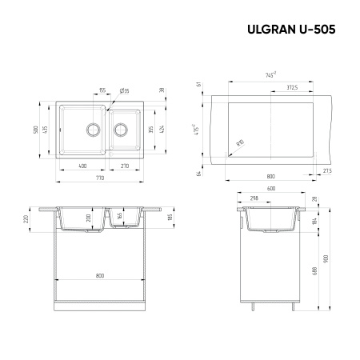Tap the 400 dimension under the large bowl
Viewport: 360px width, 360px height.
83,165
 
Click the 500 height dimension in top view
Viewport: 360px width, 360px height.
36,128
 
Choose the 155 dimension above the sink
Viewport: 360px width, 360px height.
102,91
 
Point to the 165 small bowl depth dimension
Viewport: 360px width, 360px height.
120,216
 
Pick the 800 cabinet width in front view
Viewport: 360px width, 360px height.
100,276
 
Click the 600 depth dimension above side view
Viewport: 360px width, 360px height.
271,189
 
